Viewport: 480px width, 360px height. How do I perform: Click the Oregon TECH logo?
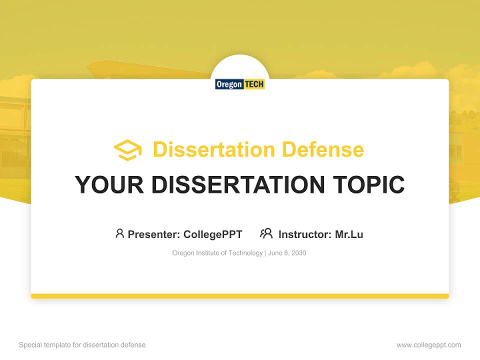coord(240,84)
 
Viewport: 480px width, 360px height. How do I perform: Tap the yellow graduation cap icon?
coord(127,150)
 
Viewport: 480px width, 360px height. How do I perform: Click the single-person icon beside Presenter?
coord(119,233)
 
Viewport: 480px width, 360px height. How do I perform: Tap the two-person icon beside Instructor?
coord(266,233)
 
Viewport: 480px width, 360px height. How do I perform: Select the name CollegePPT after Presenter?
coord(212,234)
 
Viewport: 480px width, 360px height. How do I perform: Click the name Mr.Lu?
coord(349,234)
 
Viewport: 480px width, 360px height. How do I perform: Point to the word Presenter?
coord(154,234)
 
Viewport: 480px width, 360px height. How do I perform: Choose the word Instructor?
coord(305,234)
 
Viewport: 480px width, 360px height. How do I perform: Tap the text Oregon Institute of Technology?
coord(217,253)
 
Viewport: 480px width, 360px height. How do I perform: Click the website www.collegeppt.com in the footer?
coord(428,345)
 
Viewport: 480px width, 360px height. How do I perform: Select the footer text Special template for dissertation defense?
coord(82,345)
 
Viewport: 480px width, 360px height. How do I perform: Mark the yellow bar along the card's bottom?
coord(240,296)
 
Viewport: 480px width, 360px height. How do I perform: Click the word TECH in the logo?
coord(254,84)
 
